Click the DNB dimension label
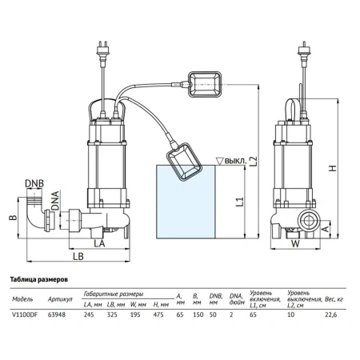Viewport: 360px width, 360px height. (x=34, y=183)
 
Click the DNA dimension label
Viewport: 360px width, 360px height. (x=55, y=200)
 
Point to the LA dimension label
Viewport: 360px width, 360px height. (x=99, y=243)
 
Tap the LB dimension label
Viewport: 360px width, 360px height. (x=78, y=256)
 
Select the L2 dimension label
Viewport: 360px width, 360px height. (x=254, y=162)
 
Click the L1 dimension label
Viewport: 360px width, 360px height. (x=240, y=202)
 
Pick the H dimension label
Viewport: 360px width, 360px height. (x=333, y=168)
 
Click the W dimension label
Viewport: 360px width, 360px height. (x=295, y=243)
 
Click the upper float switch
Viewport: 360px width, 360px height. (x=205, y=84)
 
